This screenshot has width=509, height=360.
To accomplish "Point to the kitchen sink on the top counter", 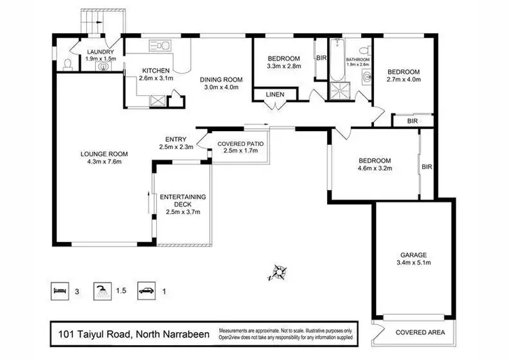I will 160,46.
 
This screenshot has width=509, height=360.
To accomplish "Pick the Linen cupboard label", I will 274,94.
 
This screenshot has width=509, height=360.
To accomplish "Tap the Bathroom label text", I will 357,60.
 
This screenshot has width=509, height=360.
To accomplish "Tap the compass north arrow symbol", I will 277,272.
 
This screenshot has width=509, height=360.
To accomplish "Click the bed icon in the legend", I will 60,291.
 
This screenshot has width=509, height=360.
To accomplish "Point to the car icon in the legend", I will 147,291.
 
